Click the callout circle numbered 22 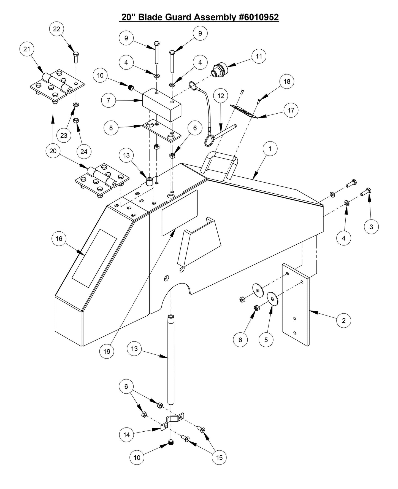(x=56, y=29)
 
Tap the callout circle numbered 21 (x=27, y=49)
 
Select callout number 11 (x=259, y=56)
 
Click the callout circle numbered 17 (x=291, y=110)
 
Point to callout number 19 (x=107, y=351)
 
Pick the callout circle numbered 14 (x=126, y=435)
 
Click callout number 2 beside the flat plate (x=343, y=320)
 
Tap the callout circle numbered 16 (x=59, y=239)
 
